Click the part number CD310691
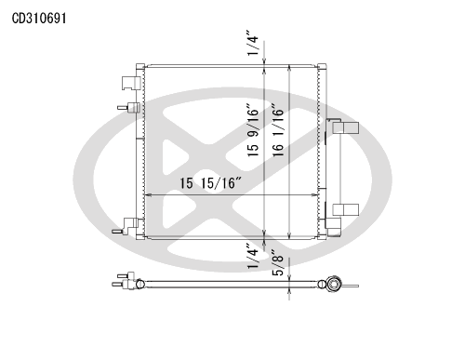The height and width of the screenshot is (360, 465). pyautogui.click(x=39, y=19)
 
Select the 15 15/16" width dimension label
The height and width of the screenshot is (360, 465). pyautogui.click(x=211, y=183)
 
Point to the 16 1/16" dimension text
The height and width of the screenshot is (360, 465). pyautogui.click(x=278, y=130)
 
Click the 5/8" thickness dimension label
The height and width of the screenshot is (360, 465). pyautogui.click(x=278, y=262)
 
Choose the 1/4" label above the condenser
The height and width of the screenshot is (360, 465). pyautogui.click(x=252, y=43)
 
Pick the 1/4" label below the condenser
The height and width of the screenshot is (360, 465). pyautogui.click(x=252, y=256)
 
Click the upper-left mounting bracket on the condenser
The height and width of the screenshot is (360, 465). pyautogui.click(x=131, y=83)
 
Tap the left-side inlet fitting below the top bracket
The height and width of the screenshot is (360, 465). pyautogui.click(x=128, y=107)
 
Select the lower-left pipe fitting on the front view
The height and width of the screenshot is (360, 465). pyautogui.click(x=126, y=226)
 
